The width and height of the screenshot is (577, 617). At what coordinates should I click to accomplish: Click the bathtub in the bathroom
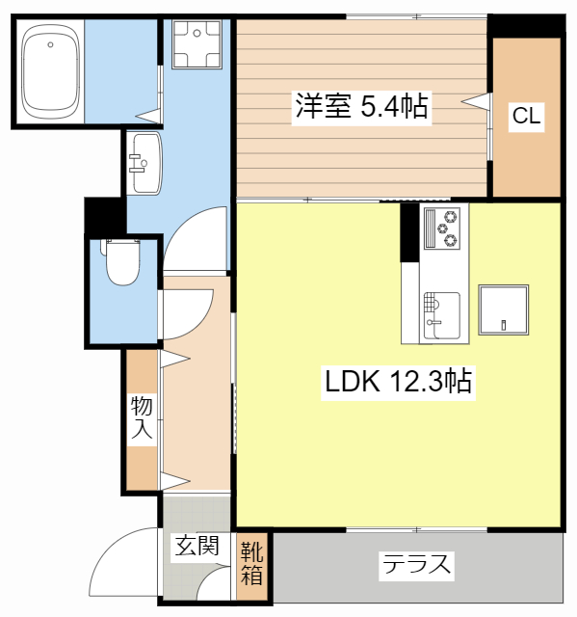coord(50,71)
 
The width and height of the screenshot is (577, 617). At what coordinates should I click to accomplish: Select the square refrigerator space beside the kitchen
coord(504,310)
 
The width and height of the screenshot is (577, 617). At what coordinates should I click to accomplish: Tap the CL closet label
coord(525,118)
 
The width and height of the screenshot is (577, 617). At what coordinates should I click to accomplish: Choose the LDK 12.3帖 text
coord(397,382)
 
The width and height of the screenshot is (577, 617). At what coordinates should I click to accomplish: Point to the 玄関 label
coord(197,547)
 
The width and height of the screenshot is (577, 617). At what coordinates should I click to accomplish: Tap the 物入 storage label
coord(142,417)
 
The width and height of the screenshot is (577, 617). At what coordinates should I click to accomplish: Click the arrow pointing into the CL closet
coord(477,100)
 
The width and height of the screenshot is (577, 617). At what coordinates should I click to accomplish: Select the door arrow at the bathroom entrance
coord(149,117)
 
